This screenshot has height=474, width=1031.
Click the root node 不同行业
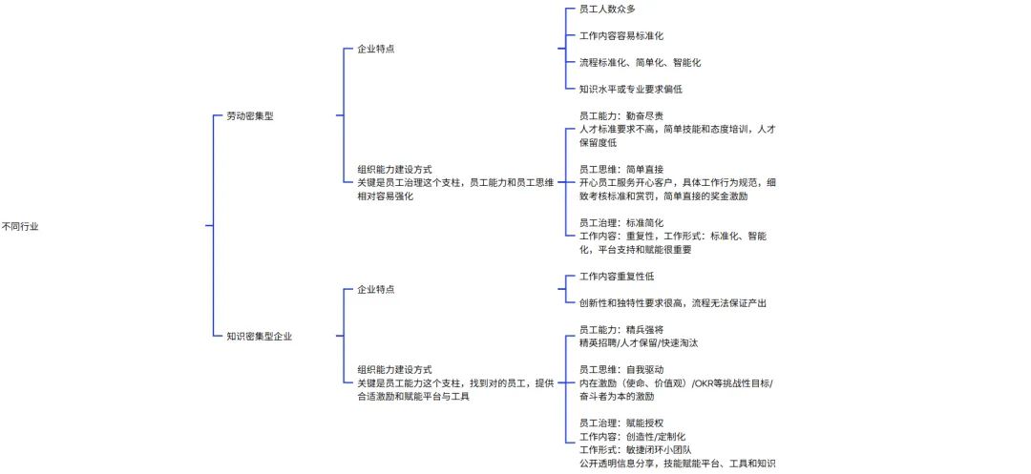coord(20,226)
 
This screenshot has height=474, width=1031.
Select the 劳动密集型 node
coord(249,116)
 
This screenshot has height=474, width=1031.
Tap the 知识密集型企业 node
coord(260,336)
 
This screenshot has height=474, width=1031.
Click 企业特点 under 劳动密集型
coord(375,49)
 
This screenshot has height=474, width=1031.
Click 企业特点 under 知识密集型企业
coord(375,289)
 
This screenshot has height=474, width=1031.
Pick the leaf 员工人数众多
coord(607,9)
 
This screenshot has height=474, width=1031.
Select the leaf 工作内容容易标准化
coord(621,35)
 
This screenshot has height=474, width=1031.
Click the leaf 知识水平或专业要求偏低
coord(630,89)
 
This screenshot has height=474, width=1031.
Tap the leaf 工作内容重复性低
coord(617,276)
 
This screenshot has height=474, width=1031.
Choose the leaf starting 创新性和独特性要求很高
coord(672,302)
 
